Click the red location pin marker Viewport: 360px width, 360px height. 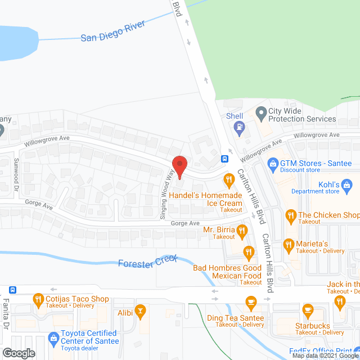[x=179, y=166]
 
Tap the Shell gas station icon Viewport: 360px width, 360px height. [x=239, y=127]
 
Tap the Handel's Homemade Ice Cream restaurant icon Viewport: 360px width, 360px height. [x=228, y=180]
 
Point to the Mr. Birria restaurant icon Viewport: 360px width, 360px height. [x=242, y=229]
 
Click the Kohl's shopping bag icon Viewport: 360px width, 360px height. [x=347, y=184]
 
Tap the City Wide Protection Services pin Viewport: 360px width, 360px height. [x=260, y=114]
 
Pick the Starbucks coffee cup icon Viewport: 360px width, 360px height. [x=308, y=309]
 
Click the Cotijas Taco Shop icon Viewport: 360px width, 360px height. [x=38, y=299]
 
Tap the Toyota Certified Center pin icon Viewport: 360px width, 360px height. [x=53, y=338]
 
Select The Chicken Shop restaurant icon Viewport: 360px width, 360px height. [x=290, y=215]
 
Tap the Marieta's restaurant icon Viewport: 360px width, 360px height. [x=288, y=244]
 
